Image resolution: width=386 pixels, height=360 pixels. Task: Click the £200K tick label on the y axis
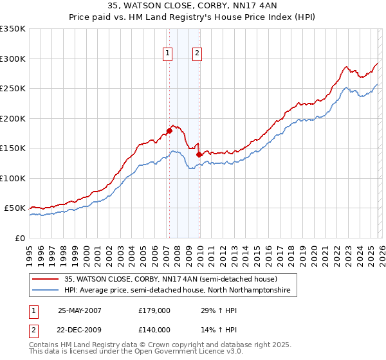point(12,118)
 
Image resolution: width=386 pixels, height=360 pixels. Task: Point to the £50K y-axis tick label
point(15,208)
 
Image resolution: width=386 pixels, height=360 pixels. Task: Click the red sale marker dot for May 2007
point(169,130)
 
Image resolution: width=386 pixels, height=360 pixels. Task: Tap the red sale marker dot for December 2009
point(199,154)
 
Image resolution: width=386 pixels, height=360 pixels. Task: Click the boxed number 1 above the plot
point(167,54)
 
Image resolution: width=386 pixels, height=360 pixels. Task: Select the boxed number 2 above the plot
point(197,54)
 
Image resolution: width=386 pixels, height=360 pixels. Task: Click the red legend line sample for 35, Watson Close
point(44,279)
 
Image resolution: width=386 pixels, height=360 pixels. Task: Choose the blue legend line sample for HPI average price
point(44,291)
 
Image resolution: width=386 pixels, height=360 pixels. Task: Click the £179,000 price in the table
point(154,310)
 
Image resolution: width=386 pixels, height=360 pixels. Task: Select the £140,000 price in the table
point(154,330)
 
